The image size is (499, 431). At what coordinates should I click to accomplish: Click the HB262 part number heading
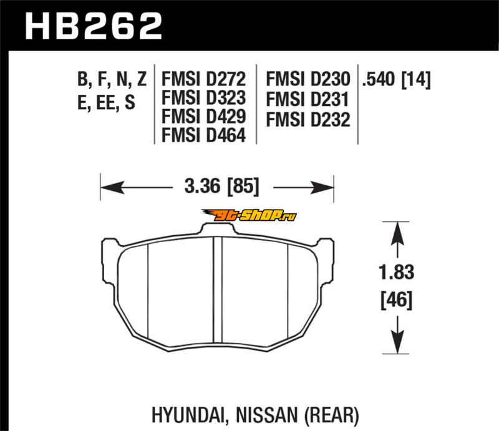click(x=94, y=26)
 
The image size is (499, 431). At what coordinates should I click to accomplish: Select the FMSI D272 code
click(x=204, y=79)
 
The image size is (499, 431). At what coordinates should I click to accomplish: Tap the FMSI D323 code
click(x=204, y=97)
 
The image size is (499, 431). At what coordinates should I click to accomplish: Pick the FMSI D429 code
click(x=204, y=116)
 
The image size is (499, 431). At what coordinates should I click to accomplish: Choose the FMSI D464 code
click(x=204, y=135)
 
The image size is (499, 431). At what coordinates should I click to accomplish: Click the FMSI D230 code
click(x=308, y=79)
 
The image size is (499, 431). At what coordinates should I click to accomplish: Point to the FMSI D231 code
click(x=308, y=99)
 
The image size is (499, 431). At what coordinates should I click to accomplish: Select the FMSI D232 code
click(x=308, y=120)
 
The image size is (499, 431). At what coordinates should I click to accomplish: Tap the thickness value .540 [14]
click(x=396, y=79)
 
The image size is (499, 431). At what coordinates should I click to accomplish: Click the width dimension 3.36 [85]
click(x=222, y=186)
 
